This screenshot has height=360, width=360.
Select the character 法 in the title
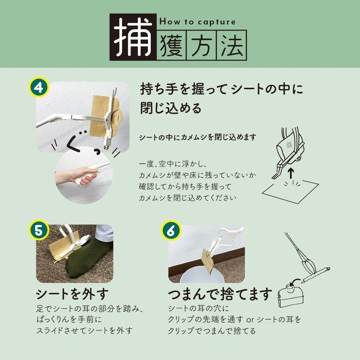coord(231,46)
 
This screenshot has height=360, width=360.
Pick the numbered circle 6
coord(170,231)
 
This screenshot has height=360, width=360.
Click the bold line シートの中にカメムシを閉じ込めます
coord(197,137)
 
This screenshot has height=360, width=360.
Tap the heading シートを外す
coord(71,294)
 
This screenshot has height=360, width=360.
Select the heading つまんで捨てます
coord(220,294)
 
